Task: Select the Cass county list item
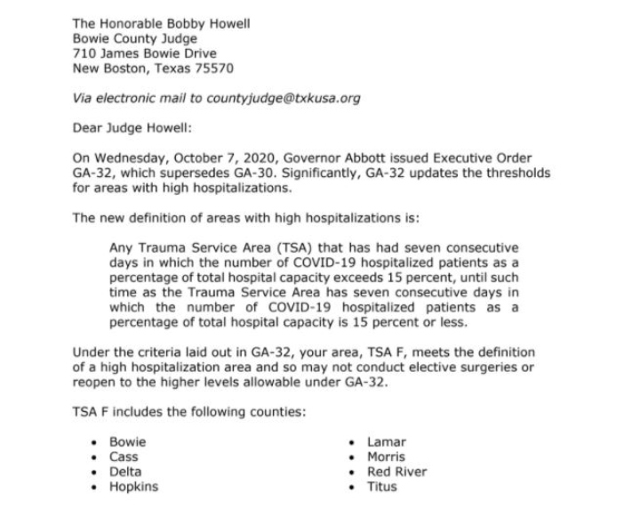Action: point(123,457)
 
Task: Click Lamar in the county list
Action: point(386,442)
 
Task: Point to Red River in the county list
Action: point(396,472)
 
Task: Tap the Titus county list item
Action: point(382,487)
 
